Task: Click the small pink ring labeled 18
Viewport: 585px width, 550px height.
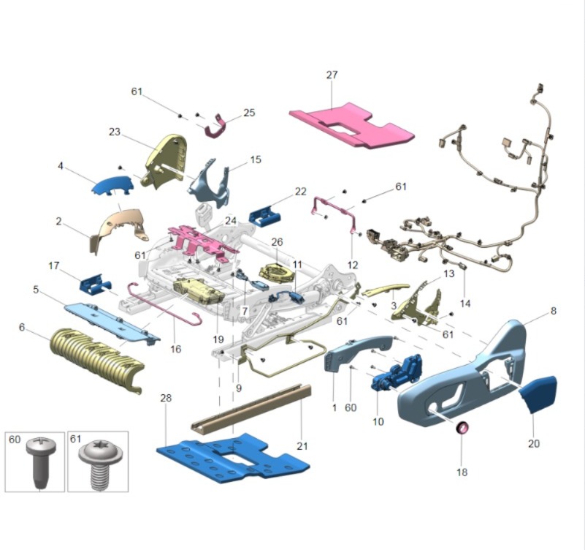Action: click(462, 427)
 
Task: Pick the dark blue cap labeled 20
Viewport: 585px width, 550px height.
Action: click(538, 393)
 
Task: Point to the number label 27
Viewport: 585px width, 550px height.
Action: click(332, 75)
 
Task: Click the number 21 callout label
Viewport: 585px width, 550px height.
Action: click(302, 445)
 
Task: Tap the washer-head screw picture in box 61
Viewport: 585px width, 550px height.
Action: click(98, 463)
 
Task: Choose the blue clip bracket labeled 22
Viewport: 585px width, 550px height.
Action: click(264, 216)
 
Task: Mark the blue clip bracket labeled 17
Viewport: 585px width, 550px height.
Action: click(95, 283)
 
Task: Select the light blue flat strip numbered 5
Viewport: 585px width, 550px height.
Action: click(112, 323)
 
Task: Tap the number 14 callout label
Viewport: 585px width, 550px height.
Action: click(465, 304)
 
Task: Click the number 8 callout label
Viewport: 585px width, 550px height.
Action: click(554, 311)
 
